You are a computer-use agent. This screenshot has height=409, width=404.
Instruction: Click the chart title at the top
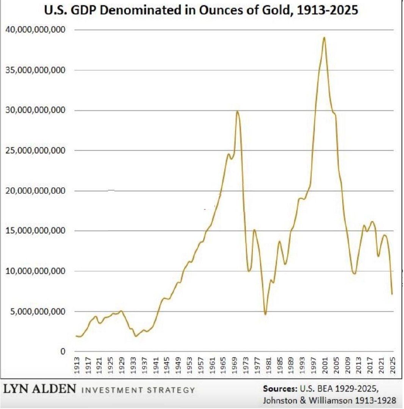point(201,11)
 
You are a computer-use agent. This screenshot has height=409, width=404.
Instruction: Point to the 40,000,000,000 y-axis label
point(36,30)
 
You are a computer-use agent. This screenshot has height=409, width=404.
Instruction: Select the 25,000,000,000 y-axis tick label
point(36,150)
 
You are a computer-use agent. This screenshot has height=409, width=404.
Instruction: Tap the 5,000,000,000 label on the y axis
point(38,311)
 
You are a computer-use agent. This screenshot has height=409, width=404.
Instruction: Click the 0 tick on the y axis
point(63,351)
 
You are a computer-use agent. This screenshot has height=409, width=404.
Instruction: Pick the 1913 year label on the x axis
point(77,365)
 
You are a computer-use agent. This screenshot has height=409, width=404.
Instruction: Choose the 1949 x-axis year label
point(178,365)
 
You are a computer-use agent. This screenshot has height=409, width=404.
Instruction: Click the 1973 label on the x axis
point(246,365)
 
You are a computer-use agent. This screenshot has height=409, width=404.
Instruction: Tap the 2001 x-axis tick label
point(325,365)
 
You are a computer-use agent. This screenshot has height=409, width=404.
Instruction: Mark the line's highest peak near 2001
point(324,37)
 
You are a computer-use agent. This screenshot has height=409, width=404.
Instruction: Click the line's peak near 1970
point(237,111)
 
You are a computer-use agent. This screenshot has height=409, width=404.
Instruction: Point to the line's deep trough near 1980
point(265,314)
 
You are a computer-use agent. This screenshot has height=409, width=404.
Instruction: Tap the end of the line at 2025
point(392,294)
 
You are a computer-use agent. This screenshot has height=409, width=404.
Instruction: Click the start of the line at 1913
point(76,336)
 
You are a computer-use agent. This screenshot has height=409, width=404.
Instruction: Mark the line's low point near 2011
point(354,274)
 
